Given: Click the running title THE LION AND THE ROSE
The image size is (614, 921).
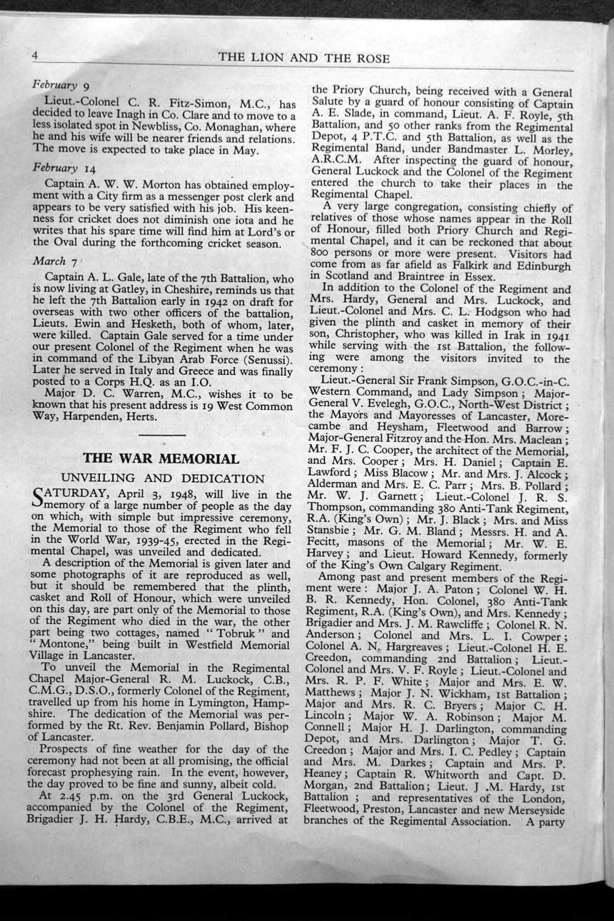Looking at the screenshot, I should coord(303,59).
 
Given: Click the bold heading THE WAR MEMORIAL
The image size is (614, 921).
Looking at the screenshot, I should coord(161,458).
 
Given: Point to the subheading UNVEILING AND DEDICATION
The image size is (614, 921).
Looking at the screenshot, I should coord(163,478).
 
